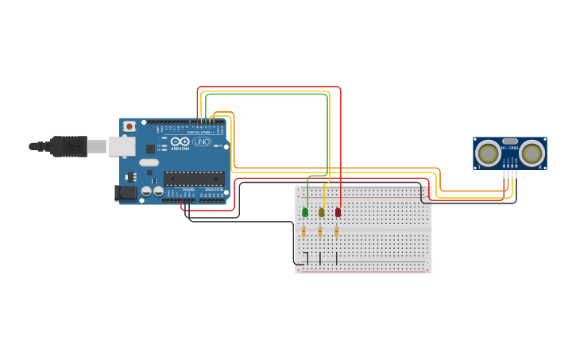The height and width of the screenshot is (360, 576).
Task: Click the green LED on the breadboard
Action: coord(305,212)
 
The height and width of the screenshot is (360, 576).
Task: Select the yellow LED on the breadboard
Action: coord(322,212)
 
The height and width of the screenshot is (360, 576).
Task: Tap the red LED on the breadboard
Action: coord(338,212)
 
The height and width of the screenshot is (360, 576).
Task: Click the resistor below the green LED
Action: coord(303,232)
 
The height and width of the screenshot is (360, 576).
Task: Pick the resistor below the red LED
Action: coord(336,232)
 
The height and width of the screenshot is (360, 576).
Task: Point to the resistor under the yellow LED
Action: coord(320,232)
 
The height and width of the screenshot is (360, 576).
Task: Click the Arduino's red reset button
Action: coord(129,126)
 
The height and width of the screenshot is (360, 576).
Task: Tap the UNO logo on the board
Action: coord(202,141)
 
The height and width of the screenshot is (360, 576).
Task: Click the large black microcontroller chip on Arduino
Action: coord(194,179)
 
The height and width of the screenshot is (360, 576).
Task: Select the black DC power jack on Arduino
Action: coord(126,192)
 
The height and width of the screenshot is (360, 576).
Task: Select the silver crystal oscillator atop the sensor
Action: coord(510,141)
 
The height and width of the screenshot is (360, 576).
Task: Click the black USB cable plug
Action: coord(68,146)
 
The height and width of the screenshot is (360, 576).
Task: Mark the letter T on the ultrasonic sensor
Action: coord(478,167)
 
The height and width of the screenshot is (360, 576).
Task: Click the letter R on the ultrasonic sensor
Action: coord(541,167)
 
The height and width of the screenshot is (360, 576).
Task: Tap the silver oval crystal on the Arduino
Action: coord(149,162)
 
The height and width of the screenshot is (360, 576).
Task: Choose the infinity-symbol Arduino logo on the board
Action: coord(180,141)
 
